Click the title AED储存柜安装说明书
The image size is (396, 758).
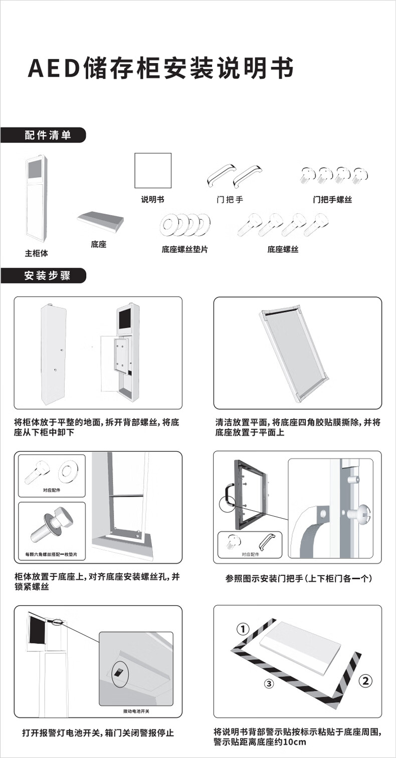(160, 69)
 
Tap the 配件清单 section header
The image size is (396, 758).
(48, 135)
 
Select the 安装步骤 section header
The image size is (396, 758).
(48, 276)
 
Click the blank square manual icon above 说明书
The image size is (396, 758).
(153, 171)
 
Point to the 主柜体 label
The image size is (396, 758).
(37, 253)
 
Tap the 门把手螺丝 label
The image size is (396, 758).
(332, 200)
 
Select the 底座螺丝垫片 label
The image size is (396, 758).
(184, 249)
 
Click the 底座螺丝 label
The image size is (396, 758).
(283, 249)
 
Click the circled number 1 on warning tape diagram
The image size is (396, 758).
(243, 629)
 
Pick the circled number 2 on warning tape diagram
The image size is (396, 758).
(365, 680)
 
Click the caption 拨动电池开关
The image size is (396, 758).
(136, 711)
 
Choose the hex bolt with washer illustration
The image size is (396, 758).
(50, 526)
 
